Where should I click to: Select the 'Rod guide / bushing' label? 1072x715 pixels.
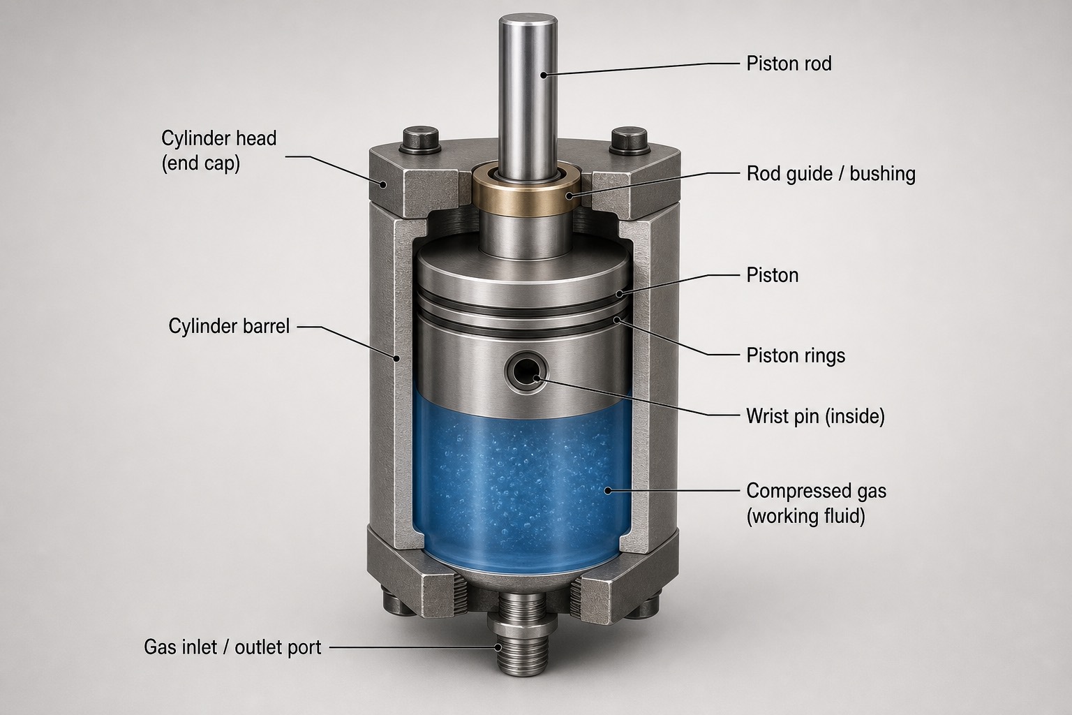click(x=831, y=173)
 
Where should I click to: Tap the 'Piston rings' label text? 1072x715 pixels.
click(x=796, y=356)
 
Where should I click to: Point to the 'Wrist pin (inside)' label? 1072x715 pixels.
click(x=815, y=416)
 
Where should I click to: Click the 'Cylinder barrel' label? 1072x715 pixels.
click(x=229, y=326)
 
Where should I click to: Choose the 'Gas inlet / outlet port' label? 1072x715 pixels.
click(x=232, y=647)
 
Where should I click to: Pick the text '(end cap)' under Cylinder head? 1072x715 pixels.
click(x=200, y=164)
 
